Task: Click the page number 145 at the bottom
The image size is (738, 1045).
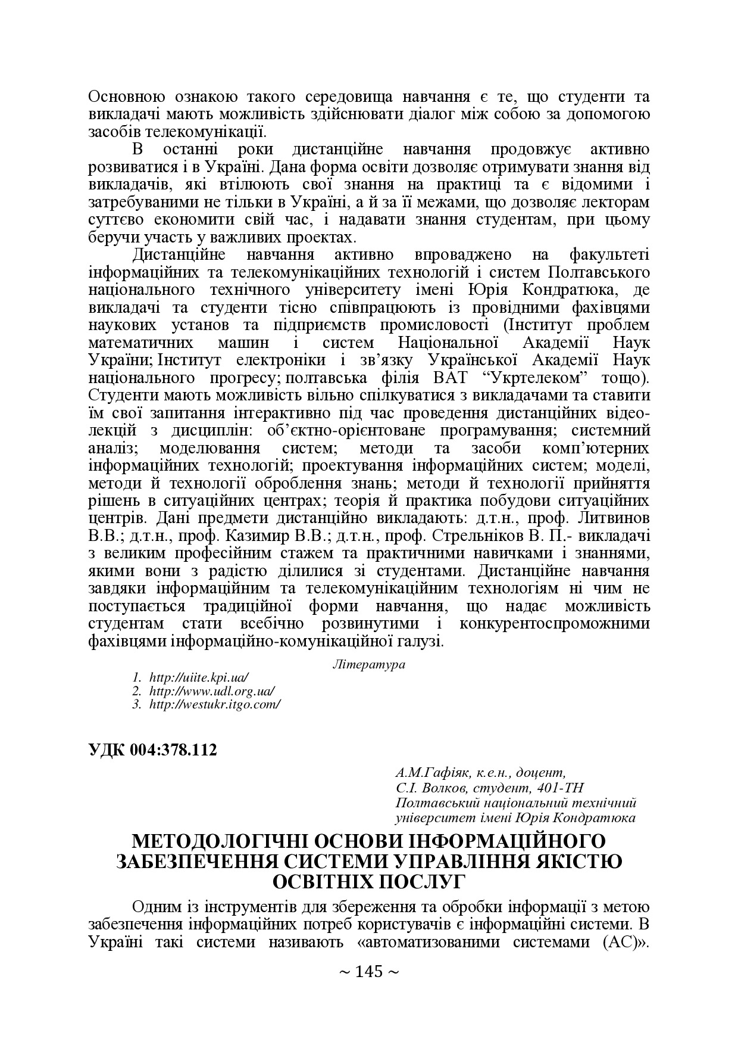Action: click(368, 972)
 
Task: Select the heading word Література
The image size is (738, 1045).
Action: click(368, 664)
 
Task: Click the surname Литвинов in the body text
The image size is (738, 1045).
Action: click(612, 517)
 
